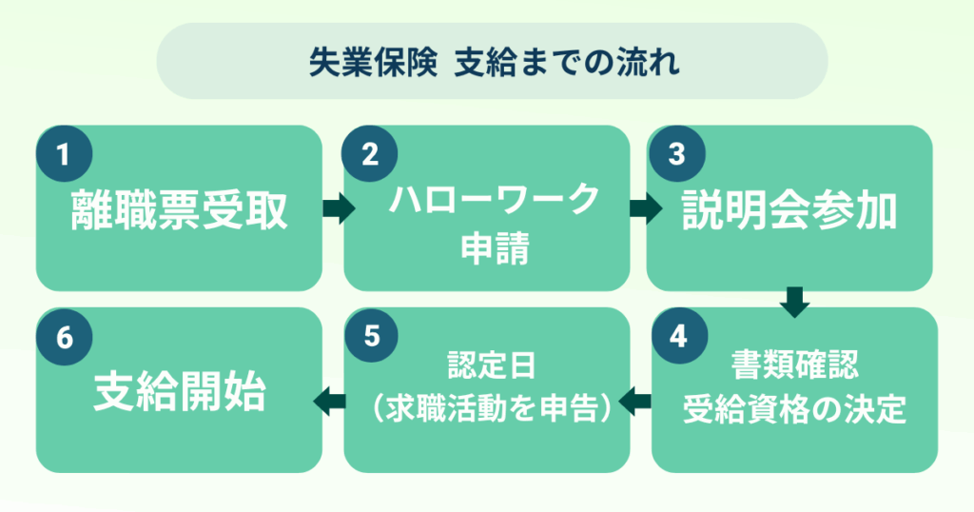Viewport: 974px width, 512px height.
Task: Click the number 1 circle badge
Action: [64, 154]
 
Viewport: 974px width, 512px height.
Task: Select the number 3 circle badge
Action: [675, 154]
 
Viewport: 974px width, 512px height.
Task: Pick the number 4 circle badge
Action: [677, 337]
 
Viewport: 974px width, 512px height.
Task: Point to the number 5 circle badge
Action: [371, 337]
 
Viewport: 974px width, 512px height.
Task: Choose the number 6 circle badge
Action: [64, 337]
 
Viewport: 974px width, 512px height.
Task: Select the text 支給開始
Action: [179, 393]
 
